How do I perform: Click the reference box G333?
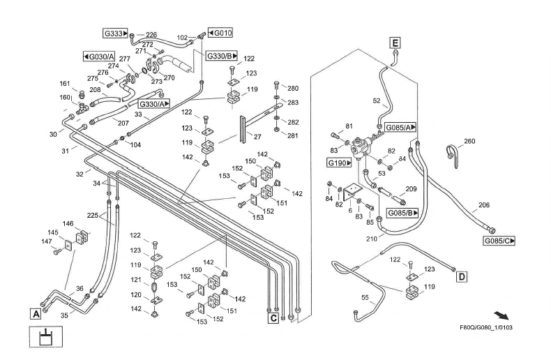[x=115, y=33]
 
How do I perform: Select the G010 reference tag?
[x=220, y=32]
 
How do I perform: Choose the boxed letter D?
[x=462, y=277]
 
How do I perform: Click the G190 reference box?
[x=340, y=163]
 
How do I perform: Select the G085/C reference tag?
[x=499, y=241]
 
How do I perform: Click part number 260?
[x=469, y=142]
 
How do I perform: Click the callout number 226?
[x=151, y=34]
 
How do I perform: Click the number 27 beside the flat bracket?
[x=258, y=137]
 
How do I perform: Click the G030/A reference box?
[x=98, y=56]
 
